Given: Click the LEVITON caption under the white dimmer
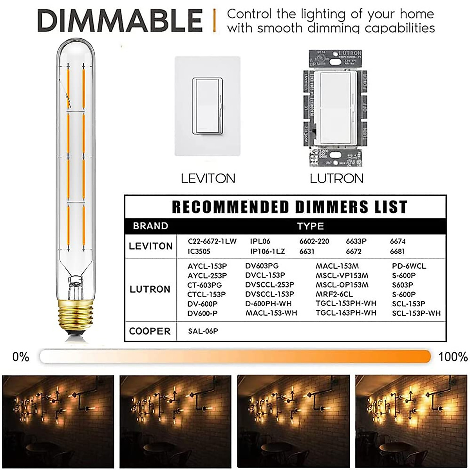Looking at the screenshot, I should (208, 179).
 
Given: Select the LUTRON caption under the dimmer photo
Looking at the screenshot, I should (336, 179).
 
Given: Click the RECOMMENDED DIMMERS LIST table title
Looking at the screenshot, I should (289, 207).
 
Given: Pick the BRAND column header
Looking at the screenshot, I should (150, 226).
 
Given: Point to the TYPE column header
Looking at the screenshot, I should (310, 226).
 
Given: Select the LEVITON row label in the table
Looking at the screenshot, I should (150, 246).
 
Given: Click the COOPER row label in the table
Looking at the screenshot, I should (150, 331).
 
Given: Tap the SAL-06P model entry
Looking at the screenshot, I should (203, 331).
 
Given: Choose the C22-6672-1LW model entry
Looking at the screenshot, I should (212, 241).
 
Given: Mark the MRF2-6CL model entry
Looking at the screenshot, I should (334, 294).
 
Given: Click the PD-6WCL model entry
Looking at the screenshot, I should (409, 266).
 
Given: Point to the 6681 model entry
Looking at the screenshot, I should (397, 251).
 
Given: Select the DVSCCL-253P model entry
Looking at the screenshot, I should (269, 285).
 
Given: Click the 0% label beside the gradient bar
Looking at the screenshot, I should (21, 357).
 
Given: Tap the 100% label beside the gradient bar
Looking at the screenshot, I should (453, 357).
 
